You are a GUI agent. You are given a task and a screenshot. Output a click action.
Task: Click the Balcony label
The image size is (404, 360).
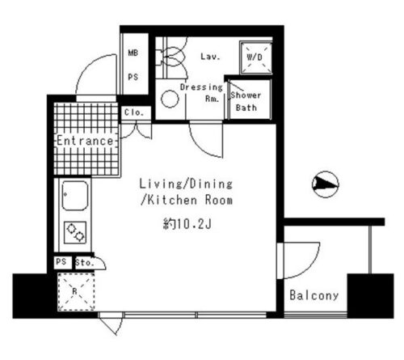click(314, 295)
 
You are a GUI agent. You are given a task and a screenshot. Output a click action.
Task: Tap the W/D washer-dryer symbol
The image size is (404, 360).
click(256, 57)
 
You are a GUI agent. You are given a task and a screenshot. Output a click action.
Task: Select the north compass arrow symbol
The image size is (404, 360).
click(326, 184)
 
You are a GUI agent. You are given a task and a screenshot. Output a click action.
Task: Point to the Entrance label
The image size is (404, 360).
click(85, 141)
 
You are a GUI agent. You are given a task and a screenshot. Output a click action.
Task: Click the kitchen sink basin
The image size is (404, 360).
click(75, 196)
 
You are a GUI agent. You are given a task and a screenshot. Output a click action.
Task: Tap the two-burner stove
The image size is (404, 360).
click(75, 232)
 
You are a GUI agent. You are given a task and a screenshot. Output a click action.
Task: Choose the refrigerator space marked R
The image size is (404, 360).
click(76, 292)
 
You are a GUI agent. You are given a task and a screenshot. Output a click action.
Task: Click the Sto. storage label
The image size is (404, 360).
click(85, 262)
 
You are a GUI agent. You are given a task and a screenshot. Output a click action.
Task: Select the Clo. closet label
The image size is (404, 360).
click(133, 112)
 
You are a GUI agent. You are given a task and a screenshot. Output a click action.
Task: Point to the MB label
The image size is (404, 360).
click(133, 53)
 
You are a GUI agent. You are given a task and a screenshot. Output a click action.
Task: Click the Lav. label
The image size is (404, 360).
click(210, 57)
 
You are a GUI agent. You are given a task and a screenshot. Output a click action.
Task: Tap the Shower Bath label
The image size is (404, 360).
click(246, 101)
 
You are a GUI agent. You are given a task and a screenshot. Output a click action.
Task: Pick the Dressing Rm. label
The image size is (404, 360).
click(201, 93)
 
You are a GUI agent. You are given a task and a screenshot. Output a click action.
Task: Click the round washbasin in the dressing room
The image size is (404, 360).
click(170, 99)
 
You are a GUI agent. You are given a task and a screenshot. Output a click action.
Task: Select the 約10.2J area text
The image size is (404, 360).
click(187, 224)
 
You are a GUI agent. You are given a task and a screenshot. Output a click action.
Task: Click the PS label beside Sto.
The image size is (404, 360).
click(61, 261)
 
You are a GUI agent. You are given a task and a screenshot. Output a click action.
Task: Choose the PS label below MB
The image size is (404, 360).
click(133, 77)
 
